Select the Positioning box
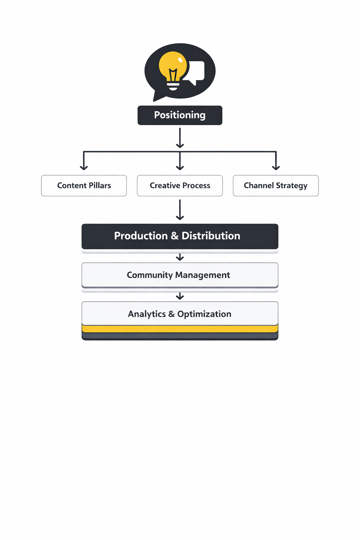pyautogui.click(x=180, y=115)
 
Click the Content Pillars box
pyautogui.click(x=84, y=186)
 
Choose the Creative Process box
pyautogui.click(x=180, y=186)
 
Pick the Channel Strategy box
pyautogui.click(x=276, y=186)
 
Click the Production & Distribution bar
pyautogui.click(x=180, y=236)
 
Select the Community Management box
pyautogui.click(x=180, y=275)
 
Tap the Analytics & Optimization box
pyautogui.click(x=180, y=314)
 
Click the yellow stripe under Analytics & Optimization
pyautogui.click(x=180, y=329)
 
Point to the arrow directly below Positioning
pyautogui.click(x=180, y=138)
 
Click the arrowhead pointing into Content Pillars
pyautogui.click(x=84, y=167)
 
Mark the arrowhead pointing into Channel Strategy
pyautogui.click(x=276, y=167)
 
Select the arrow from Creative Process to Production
pyautogui.click(x=180, y=210)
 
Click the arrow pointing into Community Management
pyautogui.click(x=180, y=258)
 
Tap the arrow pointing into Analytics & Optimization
pyautogui.click(x=180, y=296)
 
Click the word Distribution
pyautogui.click(x=211, y=236)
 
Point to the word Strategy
pyautogui.click(x=291, y=186)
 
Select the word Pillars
pyautogui.click(x=100, y=186)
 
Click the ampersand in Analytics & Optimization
pyautogui.click(x=171, y=314)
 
